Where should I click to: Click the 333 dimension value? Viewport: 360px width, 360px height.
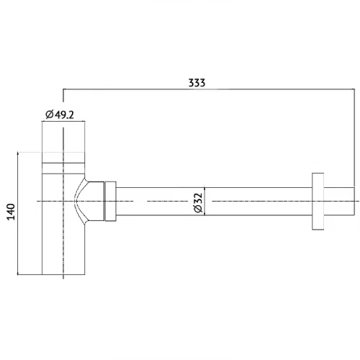click(197, 83)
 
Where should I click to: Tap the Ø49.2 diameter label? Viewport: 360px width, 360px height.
click(60, 114)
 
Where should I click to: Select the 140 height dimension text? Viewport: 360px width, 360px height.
click(11, 212)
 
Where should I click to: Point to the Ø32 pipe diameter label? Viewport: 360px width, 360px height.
click(199, 203)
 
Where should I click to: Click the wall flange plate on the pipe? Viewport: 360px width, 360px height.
click(318, 201)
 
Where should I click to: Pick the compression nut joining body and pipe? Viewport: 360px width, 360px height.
click(111, 201)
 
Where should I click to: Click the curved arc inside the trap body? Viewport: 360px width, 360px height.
click(80, 201)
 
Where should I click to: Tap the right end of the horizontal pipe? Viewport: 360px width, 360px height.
click(354, 201)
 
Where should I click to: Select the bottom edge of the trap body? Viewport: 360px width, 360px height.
click(63, 274)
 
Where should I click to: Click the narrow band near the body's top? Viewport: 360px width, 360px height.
click(63, 168)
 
